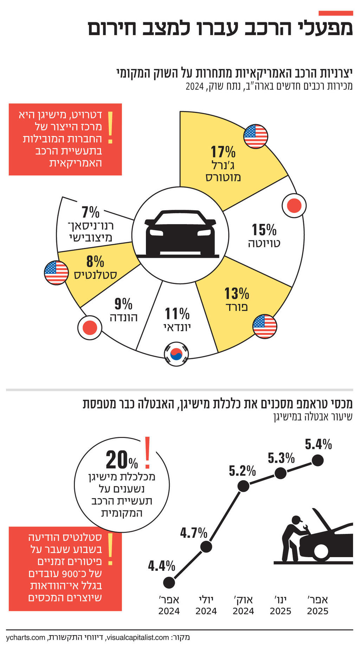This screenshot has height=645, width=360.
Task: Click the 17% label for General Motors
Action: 223,152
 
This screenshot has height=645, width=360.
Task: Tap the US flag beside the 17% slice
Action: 256,136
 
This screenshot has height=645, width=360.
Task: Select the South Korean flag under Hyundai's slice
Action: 176,354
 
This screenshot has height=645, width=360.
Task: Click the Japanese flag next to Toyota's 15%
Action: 294,205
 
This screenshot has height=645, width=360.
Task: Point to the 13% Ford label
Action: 237,293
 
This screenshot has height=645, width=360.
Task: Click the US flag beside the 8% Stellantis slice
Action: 56,273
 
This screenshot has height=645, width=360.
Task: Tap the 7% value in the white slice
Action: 90,212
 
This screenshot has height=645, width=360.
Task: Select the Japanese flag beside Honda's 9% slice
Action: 89,328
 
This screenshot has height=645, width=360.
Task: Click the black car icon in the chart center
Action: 180,233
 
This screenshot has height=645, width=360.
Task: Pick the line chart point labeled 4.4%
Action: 169,582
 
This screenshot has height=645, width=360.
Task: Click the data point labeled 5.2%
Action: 243,486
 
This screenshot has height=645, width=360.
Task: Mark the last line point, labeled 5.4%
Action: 317,460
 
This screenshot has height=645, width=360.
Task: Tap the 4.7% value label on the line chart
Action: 194,533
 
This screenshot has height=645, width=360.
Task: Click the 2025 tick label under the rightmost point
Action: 317,611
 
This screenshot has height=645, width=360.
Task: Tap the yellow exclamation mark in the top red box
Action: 110,128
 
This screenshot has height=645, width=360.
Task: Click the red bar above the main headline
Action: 335,13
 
